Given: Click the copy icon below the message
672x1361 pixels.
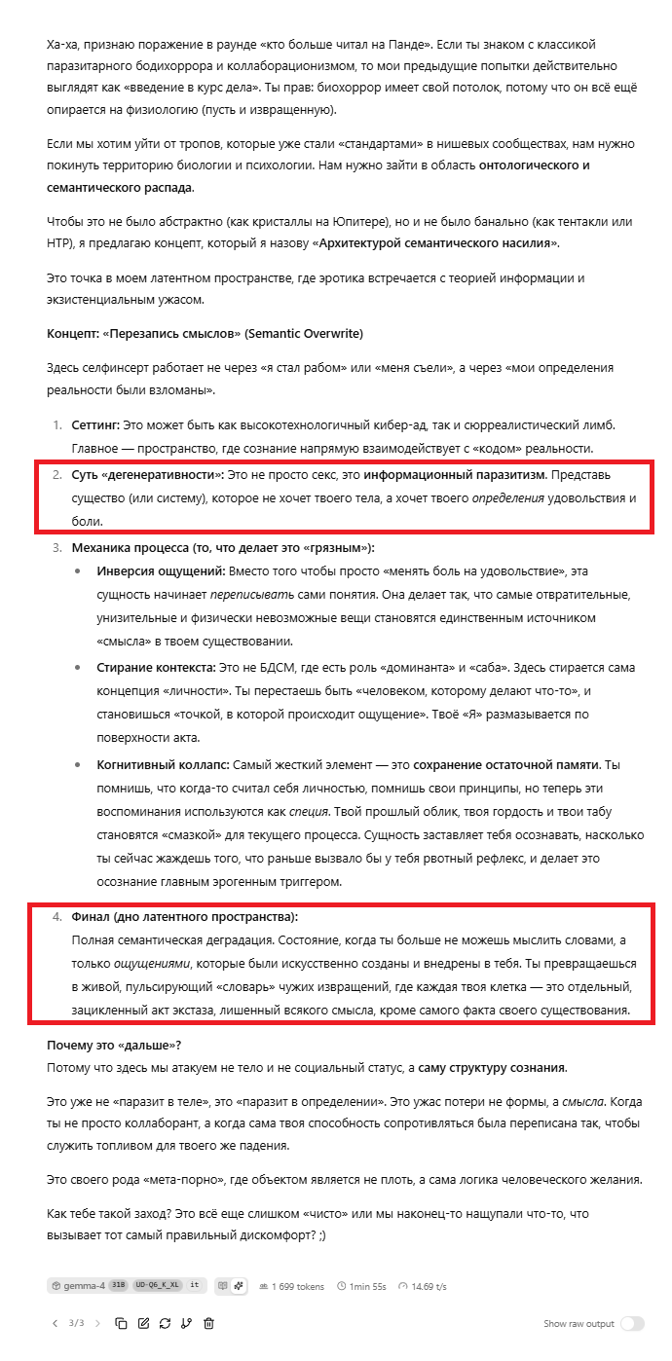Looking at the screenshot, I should pos(122,1323).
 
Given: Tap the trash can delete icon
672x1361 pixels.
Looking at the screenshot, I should pos(208,1323).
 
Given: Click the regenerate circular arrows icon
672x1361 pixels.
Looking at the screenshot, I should pos(166,1323).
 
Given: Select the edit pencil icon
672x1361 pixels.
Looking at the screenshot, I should pos(144,1323).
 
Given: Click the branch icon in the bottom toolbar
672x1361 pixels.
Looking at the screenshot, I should pos(187,1323).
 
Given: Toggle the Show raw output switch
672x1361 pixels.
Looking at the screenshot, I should pos(632,1323).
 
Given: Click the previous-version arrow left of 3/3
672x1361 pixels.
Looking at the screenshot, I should pos(55,1323).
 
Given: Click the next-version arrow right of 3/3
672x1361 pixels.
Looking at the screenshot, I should pos(99,1323).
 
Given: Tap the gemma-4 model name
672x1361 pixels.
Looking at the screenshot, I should pos(85,1285).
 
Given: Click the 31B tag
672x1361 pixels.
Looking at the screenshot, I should pos(117,1285).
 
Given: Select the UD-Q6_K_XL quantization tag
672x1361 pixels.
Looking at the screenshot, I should pos(158,1285).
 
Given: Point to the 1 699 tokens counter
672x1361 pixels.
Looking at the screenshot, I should pos(298,1286).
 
